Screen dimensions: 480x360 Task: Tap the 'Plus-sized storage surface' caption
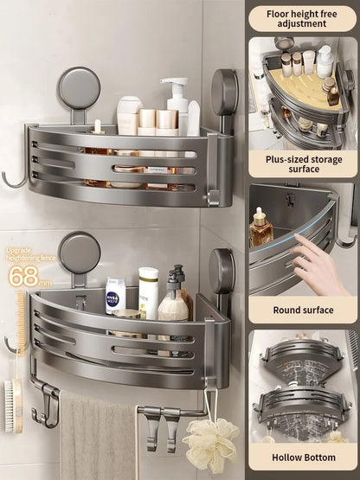point(302,163)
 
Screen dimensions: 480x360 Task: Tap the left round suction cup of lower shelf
point(79,252)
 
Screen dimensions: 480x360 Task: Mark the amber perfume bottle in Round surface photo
point(260,229)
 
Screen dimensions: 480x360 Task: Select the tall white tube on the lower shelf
point(149,292)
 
